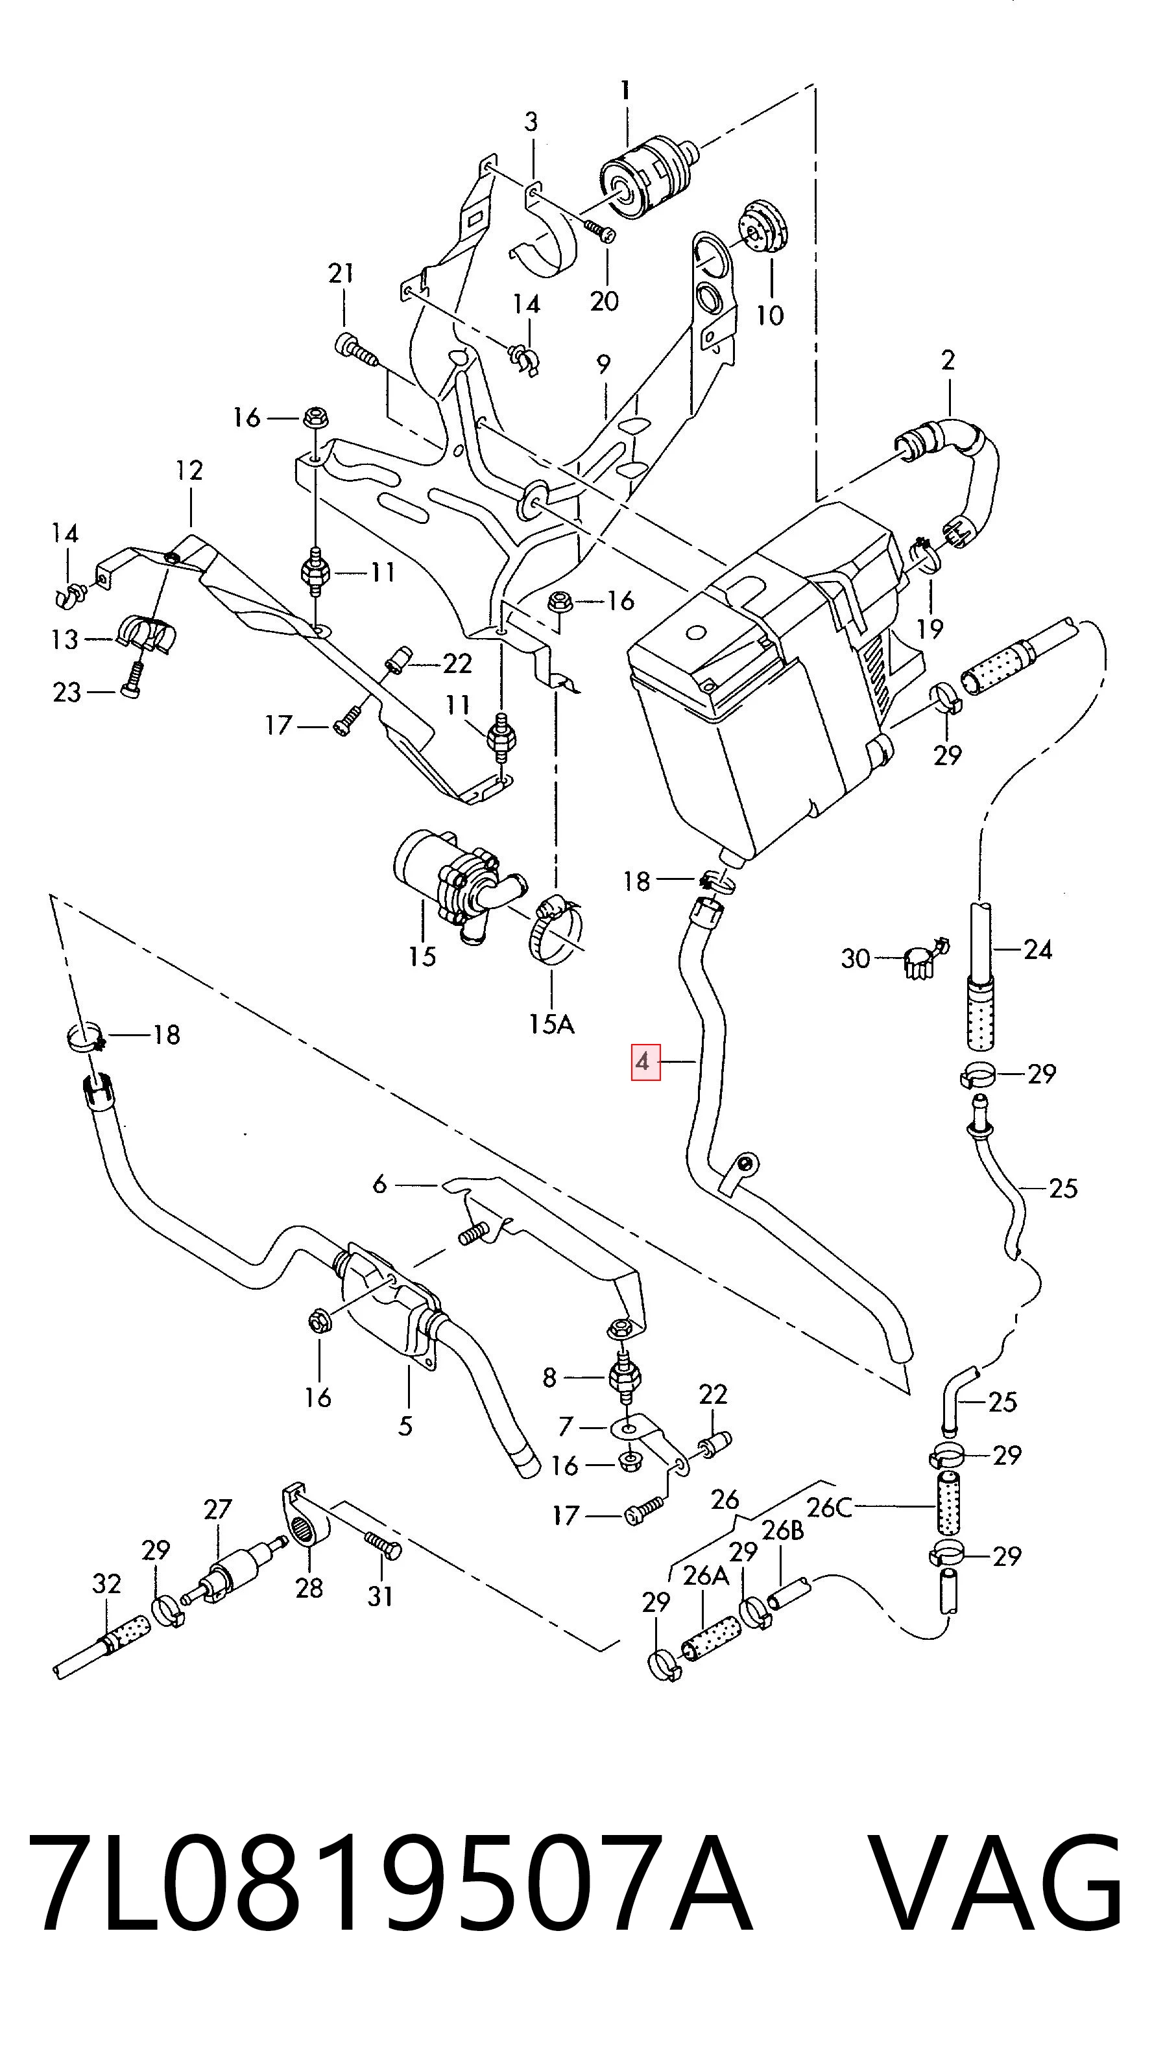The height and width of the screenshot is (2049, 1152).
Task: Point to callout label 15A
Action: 551,1023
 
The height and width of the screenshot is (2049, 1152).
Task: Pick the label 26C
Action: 829,1508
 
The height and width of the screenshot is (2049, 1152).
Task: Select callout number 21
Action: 341,274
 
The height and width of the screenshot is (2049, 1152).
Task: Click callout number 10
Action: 769,316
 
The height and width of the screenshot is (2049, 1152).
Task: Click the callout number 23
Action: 67,692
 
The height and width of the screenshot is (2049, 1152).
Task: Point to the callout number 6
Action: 379,1185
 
